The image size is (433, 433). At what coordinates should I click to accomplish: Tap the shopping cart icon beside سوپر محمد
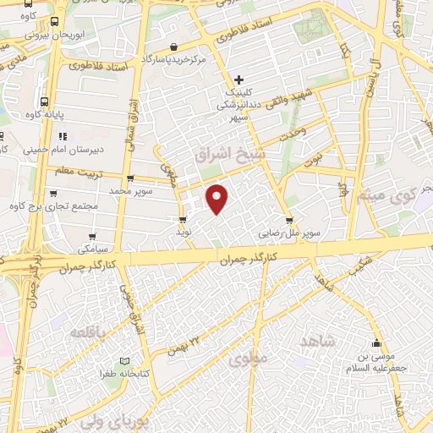point(129,178)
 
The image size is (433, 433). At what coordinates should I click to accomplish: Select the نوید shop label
point(184,231)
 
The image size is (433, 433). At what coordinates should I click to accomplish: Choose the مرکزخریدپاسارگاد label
point(173,59)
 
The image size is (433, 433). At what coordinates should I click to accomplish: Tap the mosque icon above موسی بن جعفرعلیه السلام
point(376,343)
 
